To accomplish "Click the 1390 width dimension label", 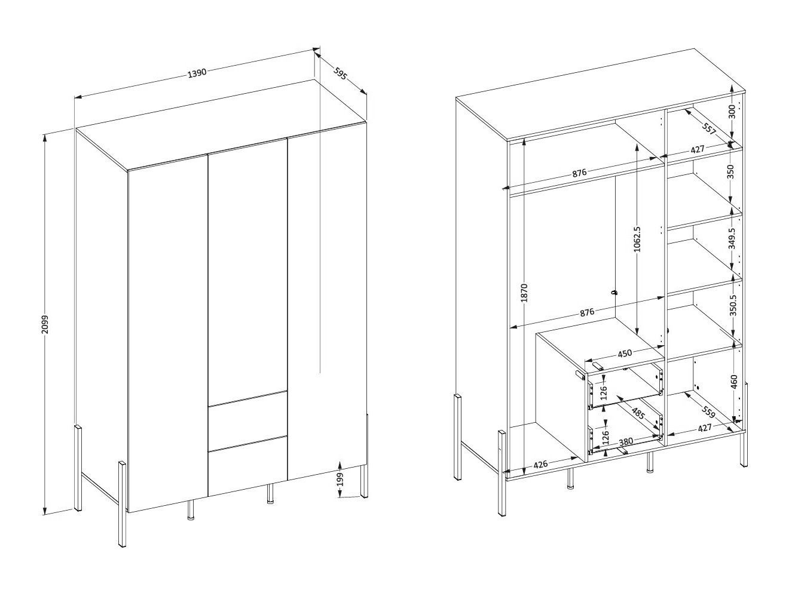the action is [x=197, y=73].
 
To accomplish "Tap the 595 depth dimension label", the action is [x=340, y=74].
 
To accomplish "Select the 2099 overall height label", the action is [x=45, y=325].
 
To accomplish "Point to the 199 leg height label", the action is [x=340, y=480].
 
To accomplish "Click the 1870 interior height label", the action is [x=524, y=293].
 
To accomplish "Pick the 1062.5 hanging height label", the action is [x=637, y=239].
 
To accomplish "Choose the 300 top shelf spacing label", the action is [x=732, y=112].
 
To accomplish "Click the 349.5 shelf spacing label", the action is [x=732, y=238].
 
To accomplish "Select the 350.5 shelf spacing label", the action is [x=732, y=305].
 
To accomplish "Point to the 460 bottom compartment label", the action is [x=733, y=382].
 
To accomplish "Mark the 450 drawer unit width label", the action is [x=625, y=354].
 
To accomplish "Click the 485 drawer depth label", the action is [x=638, y=413].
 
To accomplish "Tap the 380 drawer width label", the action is [x=626, y=442].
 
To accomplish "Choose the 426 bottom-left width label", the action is [x=540, y=464].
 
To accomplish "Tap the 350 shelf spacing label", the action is [x=730, y=171].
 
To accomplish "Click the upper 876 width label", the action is [x=579, y=173].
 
